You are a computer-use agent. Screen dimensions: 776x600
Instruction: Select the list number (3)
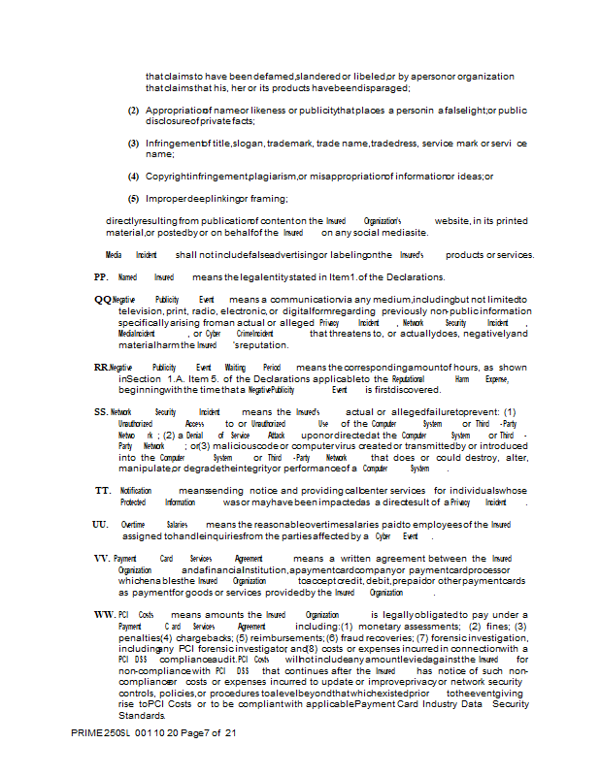134,144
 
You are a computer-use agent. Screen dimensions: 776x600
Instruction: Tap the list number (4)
134,177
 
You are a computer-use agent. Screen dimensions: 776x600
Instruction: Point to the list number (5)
134,198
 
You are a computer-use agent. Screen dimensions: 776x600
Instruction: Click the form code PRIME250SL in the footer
103,760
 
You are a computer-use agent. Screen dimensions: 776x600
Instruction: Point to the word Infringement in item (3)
174,144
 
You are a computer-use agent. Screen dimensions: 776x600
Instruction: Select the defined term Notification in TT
136,491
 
